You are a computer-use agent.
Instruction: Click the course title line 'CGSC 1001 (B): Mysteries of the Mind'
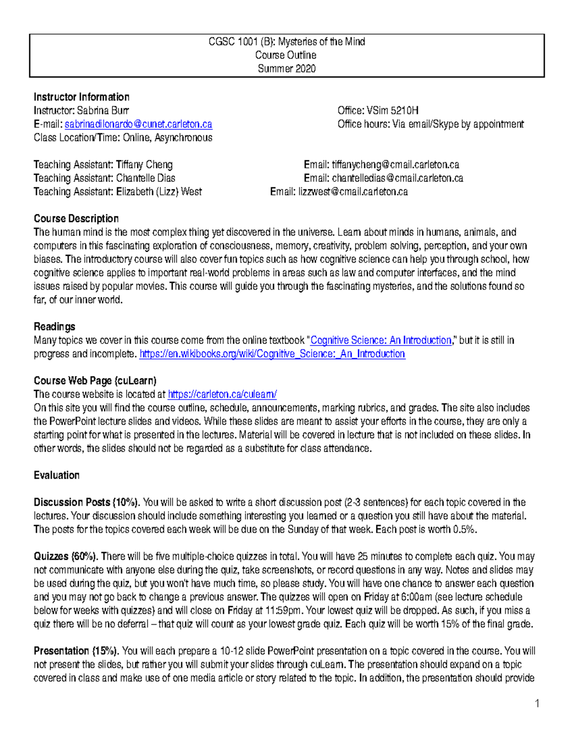coord(287,42)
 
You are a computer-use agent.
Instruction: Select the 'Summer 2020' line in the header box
coord(287,68)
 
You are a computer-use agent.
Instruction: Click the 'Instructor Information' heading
coord(81,97)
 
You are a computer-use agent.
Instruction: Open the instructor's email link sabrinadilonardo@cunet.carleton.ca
coord(138,124)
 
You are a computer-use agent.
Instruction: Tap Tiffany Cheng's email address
coord(395,165)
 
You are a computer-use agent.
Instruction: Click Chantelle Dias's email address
coord(397,178)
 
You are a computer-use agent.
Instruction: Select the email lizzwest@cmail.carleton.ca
coord(353,192)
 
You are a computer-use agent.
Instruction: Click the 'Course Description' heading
coord(76,219)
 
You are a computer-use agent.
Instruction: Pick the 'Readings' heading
coord(55,327)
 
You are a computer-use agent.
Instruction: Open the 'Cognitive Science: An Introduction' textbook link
coord(381,341)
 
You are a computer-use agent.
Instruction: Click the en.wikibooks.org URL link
coord(272,354)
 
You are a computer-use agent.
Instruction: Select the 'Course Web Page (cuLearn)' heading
coord(95,381)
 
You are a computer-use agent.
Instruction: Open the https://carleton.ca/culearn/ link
coord(222,395)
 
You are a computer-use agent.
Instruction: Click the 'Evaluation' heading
coord(56,476)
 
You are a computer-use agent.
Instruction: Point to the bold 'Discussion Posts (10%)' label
coord(87,502)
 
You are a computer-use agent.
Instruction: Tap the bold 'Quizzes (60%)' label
coord(66,556)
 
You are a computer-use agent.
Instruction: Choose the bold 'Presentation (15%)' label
coord(77,651)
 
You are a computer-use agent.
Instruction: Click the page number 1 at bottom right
coord(537,703)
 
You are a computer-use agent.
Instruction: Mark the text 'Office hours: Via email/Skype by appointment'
coord(430,124)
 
